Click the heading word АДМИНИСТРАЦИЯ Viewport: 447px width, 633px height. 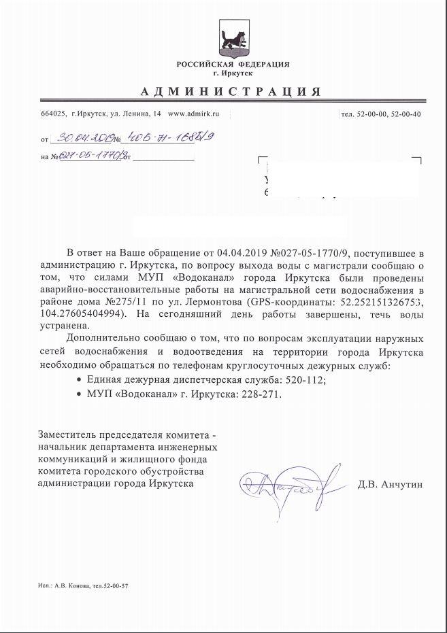point(231,92)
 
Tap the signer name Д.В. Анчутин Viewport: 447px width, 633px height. point(389,485)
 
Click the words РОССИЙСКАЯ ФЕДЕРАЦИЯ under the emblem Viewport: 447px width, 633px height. point(233,64)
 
